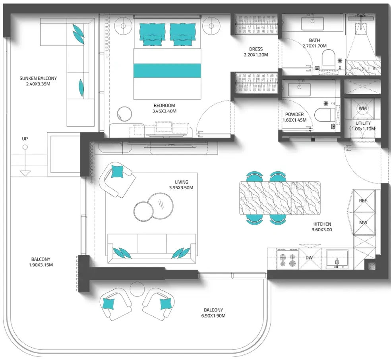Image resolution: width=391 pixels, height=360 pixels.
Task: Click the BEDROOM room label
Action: click(164, 105)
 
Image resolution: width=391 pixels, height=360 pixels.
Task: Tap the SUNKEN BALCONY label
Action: click(38, 78)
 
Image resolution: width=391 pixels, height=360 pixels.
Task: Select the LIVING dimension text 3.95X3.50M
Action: click(181, 188)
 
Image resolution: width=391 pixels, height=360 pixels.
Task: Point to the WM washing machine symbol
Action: click(362, 109)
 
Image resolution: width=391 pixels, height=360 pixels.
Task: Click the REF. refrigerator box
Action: click(364, 201)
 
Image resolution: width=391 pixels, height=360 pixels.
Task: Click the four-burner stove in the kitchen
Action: click(287, 259)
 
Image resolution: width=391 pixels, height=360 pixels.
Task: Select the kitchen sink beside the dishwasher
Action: click(337, 259)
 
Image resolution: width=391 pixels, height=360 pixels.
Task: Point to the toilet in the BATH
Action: click(328, 60)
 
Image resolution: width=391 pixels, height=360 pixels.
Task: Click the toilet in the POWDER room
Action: click(324, 115)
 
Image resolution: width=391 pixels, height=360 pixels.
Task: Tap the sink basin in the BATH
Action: click(312, 23)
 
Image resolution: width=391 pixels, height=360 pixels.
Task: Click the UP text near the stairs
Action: click(25, 139)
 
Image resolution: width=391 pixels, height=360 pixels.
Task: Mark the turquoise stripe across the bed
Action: click(167, 71)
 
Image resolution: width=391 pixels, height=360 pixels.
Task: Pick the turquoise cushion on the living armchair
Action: click(117, 172)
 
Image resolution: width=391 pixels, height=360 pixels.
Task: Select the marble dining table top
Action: click(280, 198)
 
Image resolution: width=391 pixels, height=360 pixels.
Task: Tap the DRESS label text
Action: click(256, 49)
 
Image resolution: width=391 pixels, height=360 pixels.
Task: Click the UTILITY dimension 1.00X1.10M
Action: click(363, 129)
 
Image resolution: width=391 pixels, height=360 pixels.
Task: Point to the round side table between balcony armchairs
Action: click(137, 289)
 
